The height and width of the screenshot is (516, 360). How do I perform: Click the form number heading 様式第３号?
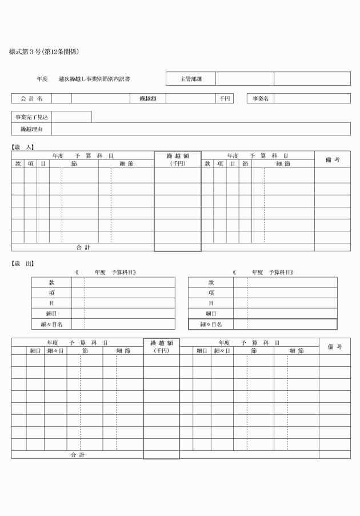point(43,52)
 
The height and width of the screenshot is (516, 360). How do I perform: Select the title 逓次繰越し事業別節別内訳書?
point(98,79)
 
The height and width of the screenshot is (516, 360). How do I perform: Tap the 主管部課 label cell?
point(191,79)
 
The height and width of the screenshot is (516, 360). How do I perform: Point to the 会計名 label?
point(31,98)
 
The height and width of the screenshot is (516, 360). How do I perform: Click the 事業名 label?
point(260,98)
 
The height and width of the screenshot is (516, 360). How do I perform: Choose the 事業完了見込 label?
point(31,117)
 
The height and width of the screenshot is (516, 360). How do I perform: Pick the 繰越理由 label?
point(31,129)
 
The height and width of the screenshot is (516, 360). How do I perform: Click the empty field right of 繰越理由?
point(201,129)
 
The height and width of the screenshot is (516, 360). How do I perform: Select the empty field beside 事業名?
point(312,98)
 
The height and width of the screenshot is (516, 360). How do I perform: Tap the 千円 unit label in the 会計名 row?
point(224,98)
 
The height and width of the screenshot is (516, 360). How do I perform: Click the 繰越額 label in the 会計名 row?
point(148,98)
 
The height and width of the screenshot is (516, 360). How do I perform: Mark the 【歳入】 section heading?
point(22,147)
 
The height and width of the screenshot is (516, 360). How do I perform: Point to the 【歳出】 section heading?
point(22,263)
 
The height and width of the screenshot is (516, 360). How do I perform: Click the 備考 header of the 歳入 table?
point(333,159)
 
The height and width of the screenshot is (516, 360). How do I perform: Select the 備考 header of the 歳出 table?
point(335,346)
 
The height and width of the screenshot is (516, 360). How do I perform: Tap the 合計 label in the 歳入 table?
point(83,247)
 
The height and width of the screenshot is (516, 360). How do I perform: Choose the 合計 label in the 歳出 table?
point(78,455)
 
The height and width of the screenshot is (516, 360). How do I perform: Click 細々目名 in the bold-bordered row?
point(211,325)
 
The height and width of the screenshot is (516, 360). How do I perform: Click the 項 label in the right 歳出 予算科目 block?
point(211,293)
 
